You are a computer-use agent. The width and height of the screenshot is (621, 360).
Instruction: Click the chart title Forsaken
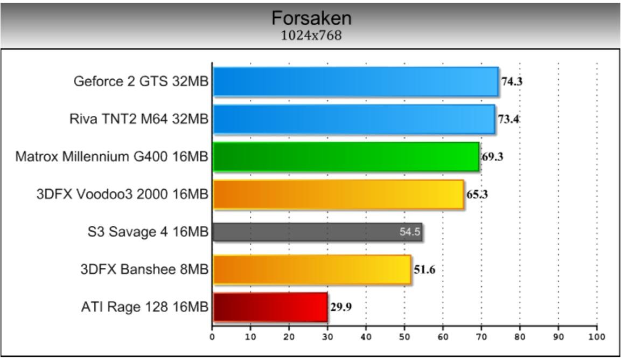tap(311, 18)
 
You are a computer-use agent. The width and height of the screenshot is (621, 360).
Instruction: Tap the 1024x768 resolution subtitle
tap(311, 36)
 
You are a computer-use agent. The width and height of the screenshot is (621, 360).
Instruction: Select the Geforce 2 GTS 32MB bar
tap(355, 81)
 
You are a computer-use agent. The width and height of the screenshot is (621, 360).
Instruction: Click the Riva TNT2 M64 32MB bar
tap(353, 119)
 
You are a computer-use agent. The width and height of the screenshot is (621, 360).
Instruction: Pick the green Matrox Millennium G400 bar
tap(345, 157)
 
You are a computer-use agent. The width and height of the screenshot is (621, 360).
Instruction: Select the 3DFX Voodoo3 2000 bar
tap(338, 194)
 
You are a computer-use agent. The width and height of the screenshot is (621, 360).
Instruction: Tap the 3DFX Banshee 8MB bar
tap(312, 269)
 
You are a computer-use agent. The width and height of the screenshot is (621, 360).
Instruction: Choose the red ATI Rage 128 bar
tap(270, 307)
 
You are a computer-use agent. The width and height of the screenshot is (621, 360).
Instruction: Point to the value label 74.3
tap(512, 82)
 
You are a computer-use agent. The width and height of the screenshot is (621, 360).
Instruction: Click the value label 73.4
tap(508, 119)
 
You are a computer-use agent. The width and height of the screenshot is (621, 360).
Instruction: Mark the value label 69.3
tap(492, 157)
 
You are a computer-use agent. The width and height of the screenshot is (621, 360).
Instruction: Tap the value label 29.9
tap(341, 307)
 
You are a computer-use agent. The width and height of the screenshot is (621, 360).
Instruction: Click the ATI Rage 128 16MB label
tap(144, 307)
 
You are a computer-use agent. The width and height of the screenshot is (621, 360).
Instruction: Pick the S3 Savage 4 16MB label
tap(148, 232)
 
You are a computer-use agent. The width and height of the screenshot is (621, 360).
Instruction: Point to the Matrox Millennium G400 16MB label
tap(111, 157)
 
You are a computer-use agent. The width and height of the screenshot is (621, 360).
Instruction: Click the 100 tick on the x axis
tap(596, 337)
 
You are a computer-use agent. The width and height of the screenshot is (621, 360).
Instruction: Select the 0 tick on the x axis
tap(212, 337)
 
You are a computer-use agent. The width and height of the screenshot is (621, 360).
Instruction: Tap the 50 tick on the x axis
tap(404, 337)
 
